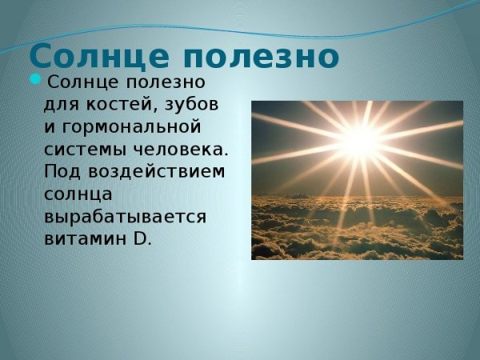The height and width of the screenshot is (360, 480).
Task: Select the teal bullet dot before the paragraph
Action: coord(34,79)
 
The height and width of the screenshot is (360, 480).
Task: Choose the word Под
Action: coord(61,172)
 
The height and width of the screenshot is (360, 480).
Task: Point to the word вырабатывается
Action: coord(126,217)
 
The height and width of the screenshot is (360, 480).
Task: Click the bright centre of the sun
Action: coord(361,138)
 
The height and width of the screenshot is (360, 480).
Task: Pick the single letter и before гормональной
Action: coord(50,127)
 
